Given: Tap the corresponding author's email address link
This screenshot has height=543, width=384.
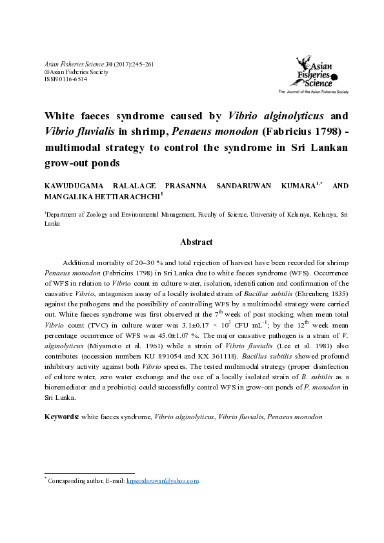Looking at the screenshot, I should pos(163,481).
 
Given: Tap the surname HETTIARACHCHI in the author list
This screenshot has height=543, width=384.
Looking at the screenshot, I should pos(128,197).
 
